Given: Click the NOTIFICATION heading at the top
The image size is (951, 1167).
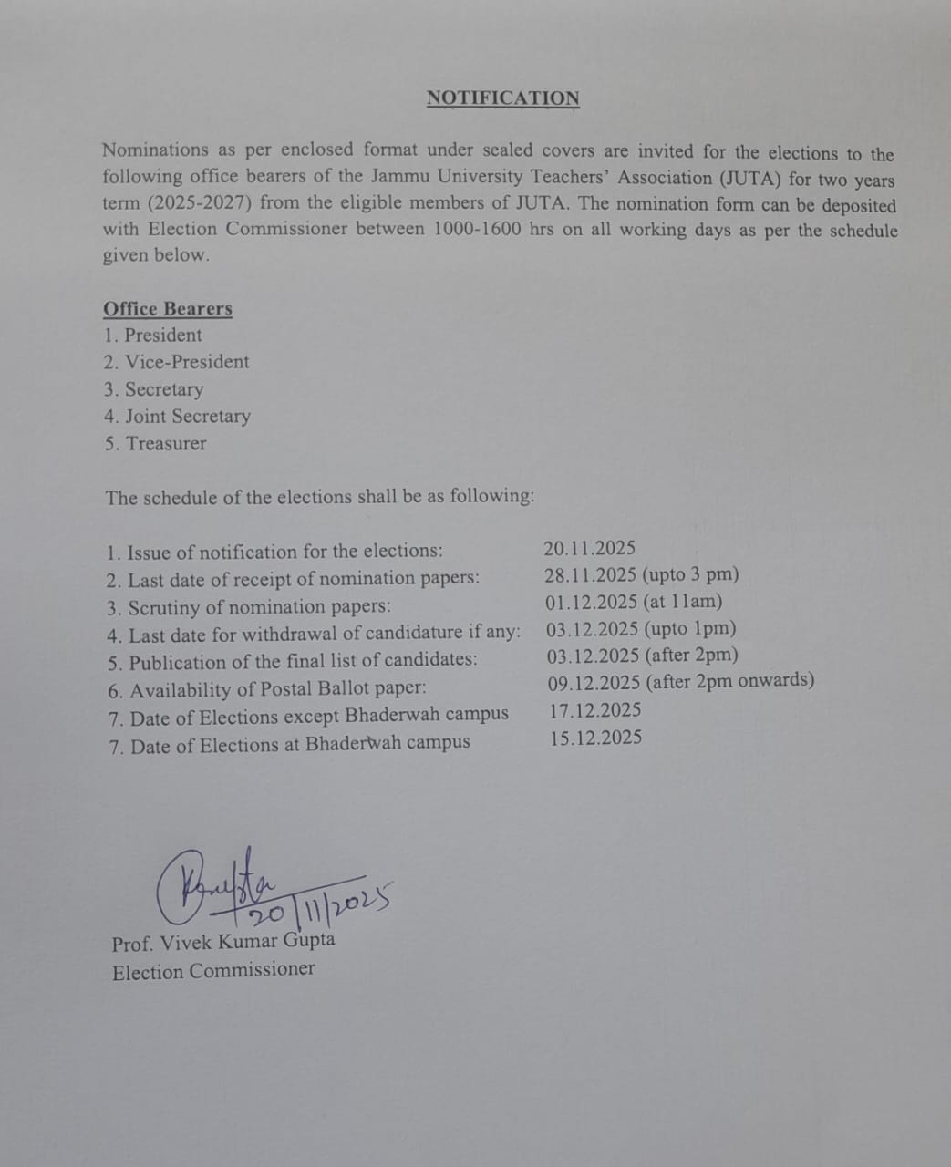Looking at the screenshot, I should click(502, 98).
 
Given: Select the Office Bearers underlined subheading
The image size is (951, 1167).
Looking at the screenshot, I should click(168, 308).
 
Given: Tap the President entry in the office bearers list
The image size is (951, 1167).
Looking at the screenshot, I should click(153, 335).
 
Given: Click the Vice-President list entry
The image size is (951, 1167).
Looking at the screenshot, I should click(177, 362).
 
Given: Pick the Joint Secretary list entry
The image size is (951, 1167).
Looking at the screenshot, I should click(178, 417).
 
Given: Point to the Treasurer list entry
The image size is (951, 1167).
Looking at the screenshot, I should click(156, 444).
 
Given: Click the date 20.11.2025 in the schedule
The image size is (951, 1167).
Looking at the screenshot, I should click(590, 549).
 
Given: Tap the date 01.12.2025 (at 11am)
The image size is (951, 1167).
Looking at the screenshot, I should click(634, 602).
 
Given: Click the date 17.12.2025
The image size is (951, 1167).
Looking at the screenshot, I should click(595, 710).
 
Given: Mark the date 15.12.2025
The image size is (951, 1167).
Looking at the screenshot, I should click(595, 738).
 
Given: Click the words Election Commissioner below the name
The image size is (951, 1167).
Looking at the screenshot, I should click(213, 971).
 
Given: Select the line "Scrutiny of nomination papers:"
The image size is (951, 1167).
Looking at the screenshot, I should click(249, 607).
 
